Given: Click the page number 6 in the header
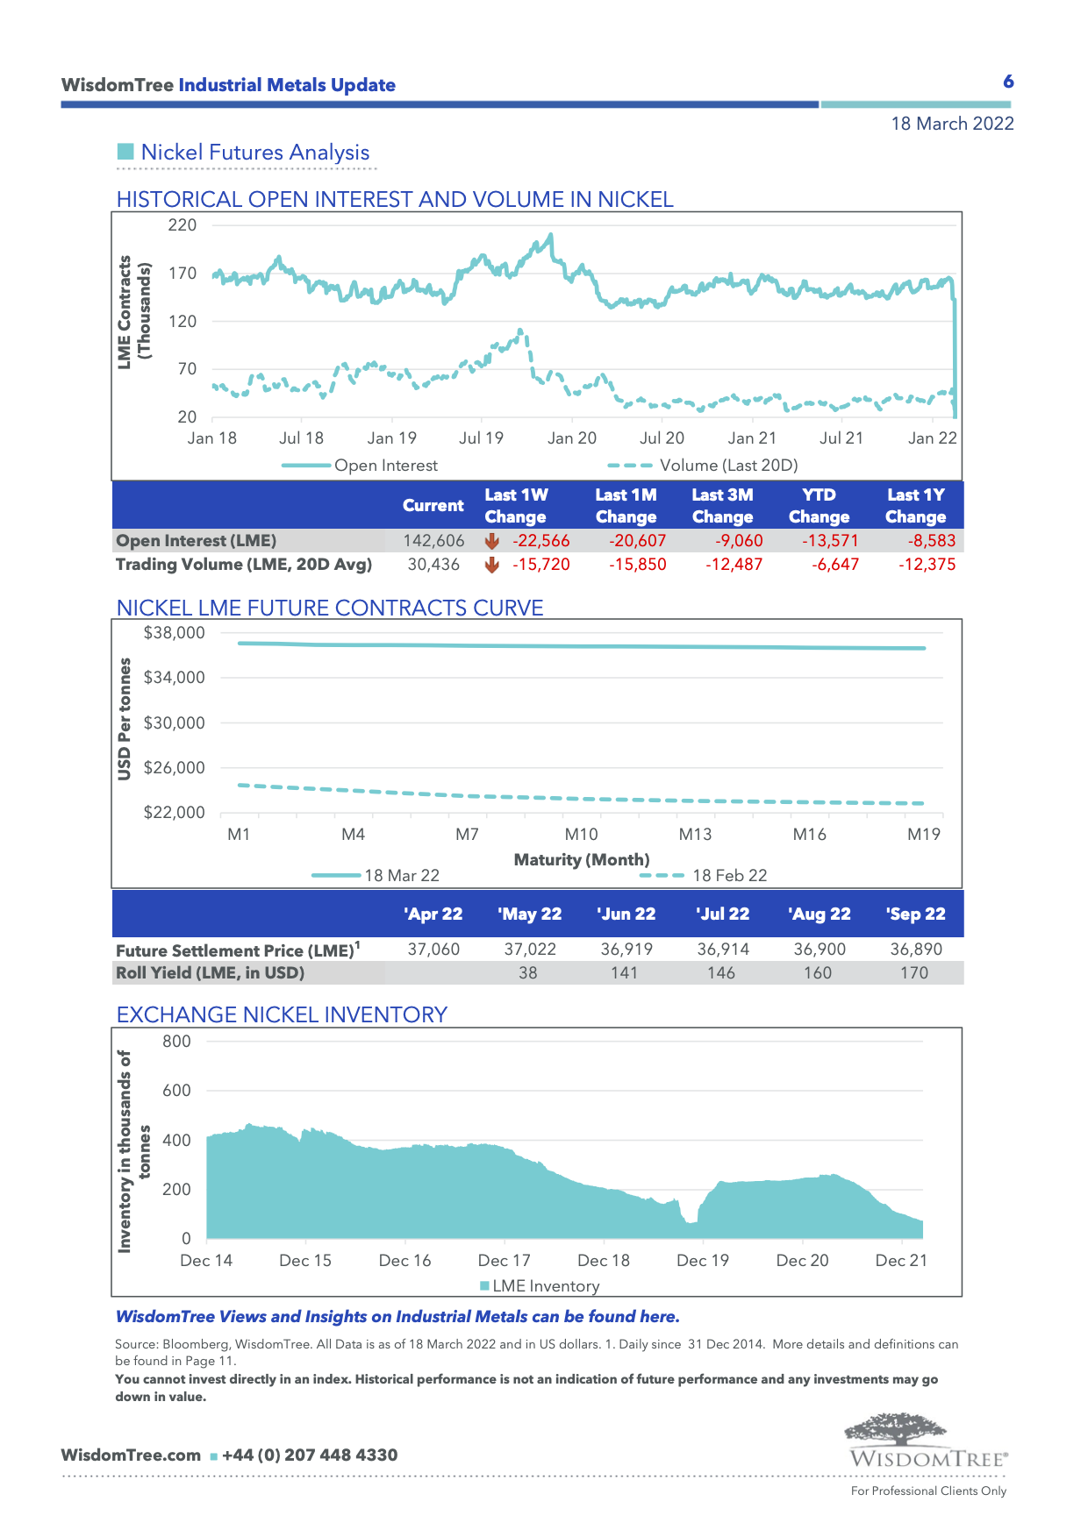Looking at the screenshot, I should point(1008,82).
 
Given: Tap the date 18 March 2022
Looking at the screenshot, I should point(952,124).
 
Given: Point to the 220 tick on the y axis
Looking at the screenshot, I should point(183,225).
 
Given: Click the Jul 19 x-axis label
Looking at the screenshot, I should point(482,438).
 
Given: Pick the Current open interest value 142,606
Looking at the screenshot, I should point(433,541).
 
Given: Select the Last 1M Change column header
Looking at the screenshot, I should point(626,506).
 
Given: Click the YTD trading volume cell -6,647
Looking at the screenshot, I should point(834,565).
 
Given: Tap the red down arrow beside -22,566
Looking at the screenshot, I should point(492,541).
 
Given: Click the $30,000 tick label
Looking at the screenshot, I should point(174,723).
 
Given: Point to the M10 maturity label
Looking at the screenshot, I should point(581,835).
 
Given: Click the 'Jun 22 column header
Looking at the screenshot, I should point(626,914).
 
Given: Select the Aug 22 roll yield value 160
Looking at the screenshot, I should point(817,973).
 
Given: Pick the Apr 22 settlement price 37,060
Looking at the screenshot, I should point(433,950).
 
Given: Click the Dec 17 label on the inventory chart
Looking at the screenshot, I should point(504,1261).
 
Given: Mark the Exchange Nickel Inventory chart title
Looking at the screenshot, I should point(282,1014).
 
